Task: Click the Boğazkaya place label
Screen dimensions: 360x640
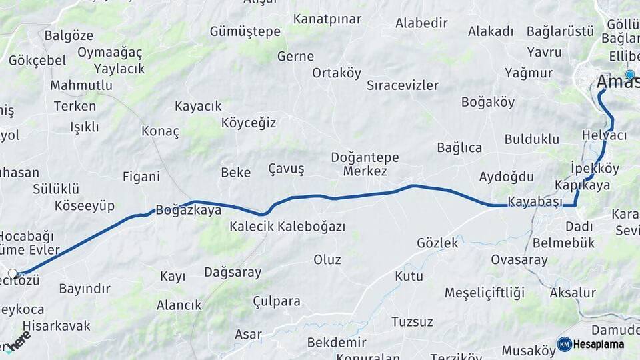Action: click(188, 210)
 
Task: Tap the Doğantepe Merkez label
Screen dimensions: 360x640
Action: click(365, 165)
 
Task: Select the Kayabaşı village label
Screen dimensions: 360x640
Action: click(535, 201)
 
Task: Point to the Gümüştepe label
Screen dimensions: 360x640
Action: click(245, 31)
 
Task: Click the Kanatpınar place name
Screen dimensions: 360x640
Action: click(327, 19)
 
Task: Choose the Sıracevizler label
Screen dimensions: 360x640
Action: click(403, 85)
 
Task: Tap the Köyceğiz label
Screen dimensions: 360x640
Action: click(248, 123)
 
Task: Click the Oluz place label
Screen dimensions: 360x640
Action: click(327, 259)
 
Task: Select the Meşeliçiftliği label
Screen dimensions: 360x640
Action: click(485, 293)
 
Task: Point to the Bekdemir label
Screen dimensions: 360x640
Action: click(337, 342)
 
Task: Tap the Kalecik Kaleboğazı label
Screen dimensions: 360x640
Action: click(287, 227)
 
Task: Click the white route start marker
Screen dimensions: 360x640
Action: click(13, 273)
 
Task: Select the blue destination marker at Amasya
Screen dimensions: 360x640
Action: click(630, 75)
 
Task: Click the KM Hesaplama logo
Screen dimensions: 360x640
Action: click(591, 344)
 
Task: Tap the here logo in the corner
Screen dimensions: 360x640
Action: click(18, 341)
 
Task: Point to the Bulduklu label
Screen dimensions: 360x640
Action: click(531, 139)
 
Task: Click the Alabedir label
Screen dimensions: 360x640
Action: click(421, 23)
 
